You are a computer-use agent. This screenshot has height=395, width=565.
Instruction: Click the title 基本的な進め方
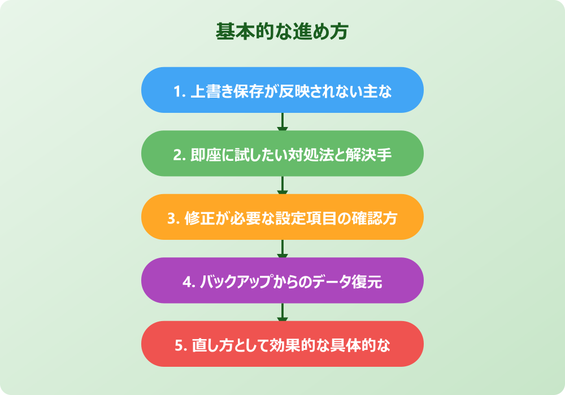click(282, 32)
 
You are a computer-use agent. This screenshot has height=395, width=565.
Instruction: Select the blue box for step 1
click(282, 90)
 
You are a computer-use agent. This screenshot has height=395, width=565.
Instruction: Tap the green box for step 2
click(282, 153)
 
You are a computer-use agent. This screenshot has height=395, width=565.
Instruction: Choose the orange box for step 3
click(282, 217)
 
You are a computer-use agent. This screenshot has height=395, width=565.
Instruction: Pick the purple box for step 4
click(282, 280)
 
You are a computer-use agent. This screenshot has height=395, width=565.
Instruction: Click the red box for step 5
click(282, 344)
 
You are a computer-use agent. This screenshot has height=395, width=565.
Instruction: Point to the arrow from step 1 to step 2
click(282, 122)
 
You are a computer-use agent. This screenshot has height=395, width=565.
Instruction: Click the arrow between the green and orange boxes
click(282, 185)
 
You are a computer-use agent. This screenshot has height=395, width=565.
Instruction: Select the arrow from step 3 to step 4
click(282, 249)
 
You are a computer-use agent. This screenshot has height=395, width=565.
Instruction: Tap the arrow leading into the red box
click(282, 312)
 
